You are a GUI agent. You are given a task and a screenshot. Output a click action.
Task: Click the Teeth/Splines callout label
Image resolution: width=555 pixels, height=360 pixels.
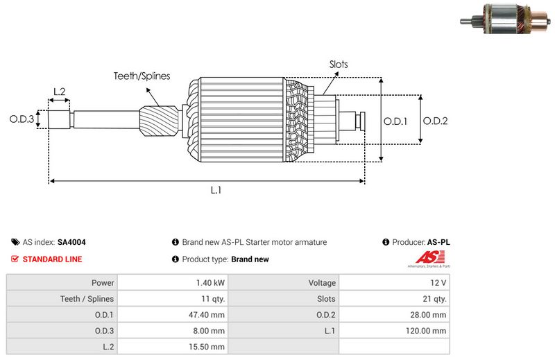coord(142,76)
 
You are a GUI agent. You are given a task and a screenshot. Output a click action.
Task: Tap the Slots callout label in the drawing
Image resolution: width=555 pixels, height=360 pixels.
coord(339,65)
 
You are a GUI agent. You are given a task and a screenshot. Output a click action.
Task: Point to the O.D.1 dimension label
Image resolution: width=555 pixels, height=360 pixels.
coord(395,121)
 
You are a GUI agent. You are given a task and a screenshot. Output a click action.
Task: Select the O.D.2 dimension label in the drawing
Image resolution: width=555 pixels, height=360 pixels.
coord(435,121)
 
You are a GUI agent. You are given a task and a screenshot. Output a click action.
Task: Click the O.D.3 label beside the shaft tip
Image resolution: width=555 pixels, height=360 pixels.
coord(22,119)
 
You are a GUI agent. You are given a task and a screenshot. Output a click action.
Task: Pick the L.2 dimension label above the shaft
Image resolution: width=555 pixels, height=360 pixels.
coord(59,92)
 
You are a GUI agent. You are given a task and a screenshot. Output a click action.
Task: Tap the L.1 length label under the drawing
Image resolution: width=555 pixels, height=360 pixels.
coord(216,190)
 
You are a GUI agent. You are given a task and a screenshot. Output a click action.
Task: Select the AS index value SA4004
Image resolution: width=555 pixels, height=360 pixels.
coord(71,243)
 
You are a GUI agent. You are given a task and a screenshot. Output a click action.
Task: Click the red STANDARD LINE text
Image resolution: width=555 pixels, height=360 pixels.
coord(52,259)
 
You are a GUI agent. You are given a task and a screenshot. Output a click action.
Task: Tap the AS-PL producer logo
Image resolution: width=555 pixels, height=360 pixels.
coord(427,260)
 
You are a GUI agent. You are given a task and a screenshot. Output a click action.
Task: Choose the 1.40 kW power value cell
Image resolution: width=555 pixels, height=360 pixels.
coord(210,283)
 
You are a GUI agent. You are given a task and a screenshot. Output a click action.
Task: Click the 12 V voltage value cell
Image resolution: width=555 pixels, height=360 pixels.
coord(438,283)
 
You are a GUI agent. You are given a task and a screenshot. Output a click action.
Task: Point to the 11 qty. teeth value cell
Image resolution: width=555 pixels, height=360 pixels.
coord(212,299)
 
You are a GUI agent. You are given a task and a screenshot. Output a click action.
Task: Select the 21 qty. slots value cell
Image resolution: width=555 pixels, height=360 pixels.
coord(434,299)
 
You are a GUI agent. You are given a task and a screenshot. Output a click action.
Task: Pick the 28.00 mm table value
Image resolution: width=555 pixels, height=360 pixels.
coord(428,315)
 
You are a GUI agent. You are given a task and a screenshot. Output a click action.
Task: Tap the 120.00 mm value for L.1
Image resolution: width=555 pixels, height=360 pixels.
coord(427,331)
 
